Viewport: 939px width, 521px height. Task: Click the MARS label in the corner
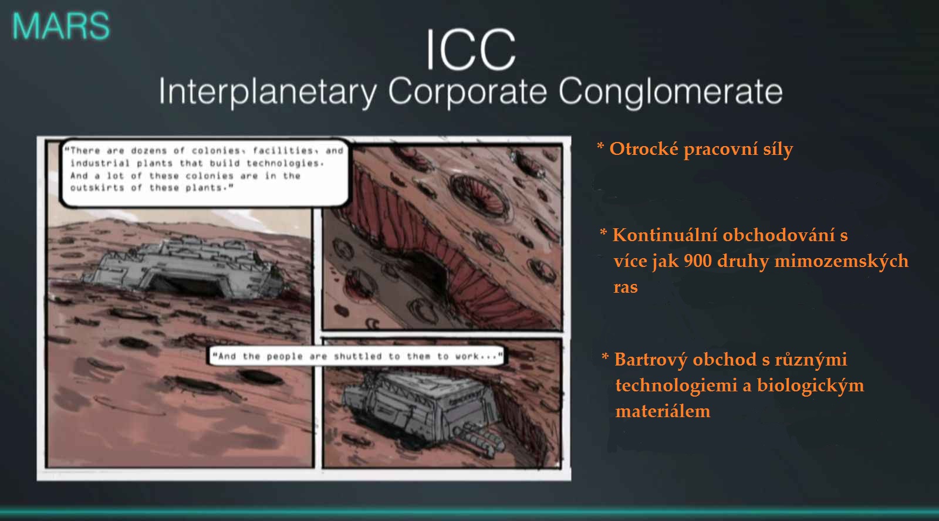[61, 26]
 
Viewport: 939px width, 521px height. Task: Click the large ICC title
[471, 50]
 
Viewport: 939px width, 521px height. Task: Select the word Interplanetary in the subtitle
[268, 92]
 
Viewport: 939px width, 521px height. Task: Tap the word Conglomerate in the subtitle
[670, 92]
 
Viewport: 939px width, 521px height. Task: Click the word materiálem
[663, 411]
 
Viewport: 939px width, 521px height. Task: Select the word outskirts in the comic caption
[97, 188]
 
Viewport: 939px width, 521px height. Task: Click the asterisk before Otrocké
[600, 147]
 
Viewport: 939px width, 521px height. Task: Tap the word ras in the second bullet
[626, 287]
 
